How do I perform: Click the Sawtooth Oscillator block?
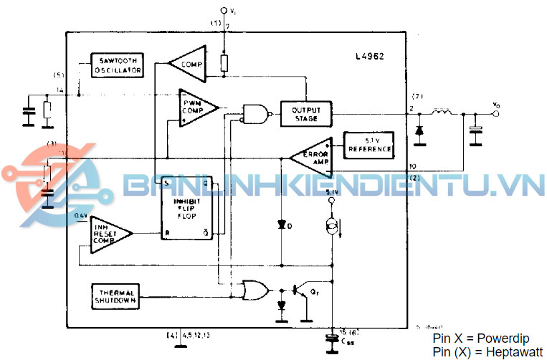118,65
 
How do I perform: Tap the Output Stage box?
306,113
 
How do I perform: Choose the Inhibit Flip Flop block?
187,208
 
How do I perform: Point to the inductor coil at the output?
441,113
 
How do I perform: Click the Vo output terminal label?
497,105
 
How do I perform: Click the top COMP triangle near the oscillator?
189,63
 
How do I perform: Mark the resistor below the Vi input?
224,64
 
